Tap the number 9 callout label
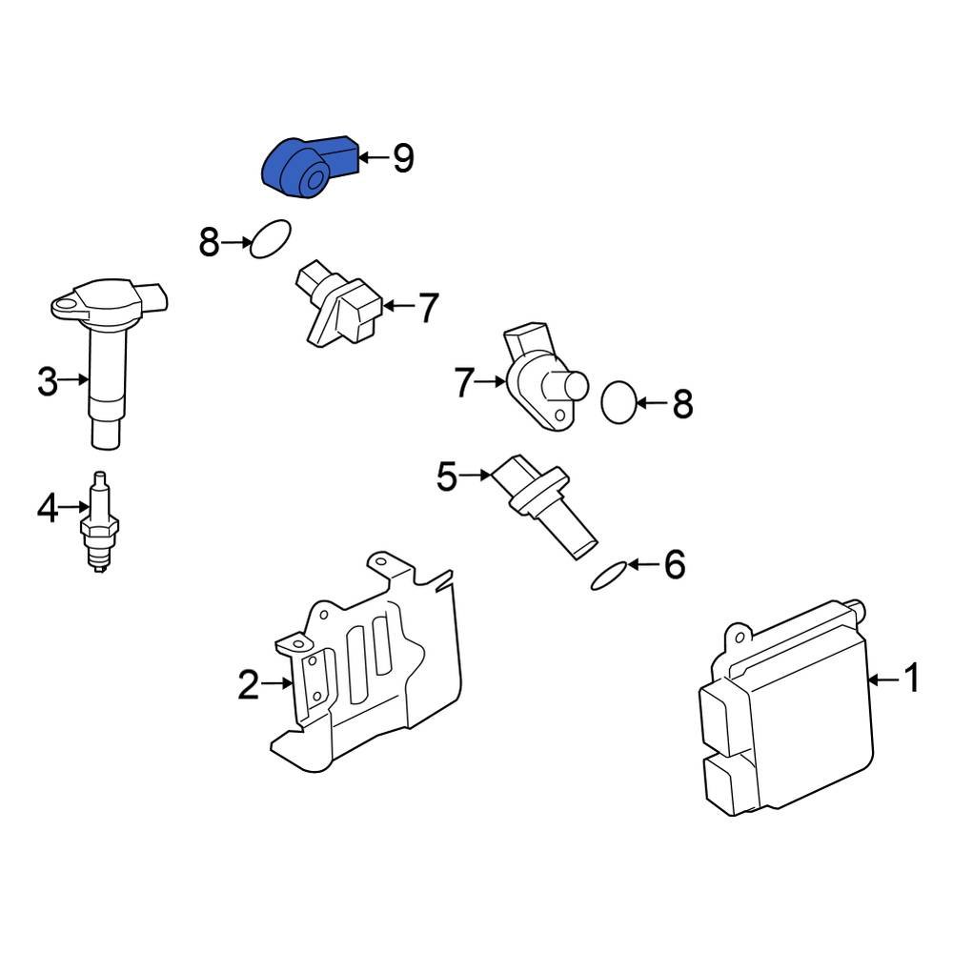pyautogui.click(x=402, y=158)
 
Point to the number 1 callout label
pyautogui.click(x=911, y=679)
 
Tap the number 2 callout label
pyautogui.click(x=248, y=684)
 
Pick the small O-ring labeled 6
pyautogui.click(x=609, y=576)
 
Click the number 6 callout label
pyautogui.click(x=674, y=566)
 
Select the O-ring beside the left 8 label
pyautogui.click(x=270, y=239)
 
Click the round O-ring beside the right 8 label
pyautogui.click(x=618, y=402)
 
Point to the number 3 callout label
pyautogui.click(x=48, y=382)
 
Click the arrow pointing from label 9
pyautogui.click(x=374, y=158)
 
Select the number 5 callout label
pyautogui.click(x=447, y=476)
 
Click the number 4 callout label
pyautogui.click(x=48, y=510)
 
